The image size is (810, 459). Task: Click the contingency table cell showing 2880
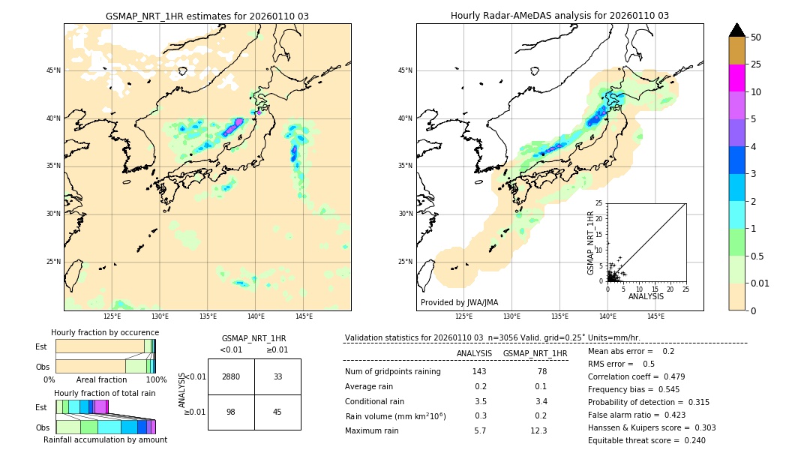pos(231,376)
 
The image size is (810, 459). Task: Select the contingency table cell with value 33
pos(277,376)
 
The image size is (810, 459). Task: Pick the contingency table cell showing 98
pos(231,411)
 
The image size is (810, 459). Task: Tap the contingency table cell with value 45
pos(277,411)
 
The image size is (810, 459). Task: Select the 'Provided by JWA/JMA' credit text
pos(459,302)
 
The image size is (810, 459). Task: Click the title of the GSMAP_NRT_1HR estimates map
pos(207,16)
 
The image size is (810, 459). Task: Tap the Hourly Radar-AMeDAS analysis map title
pos(559,16)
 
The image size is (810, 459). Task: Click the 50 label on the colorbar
pos(756,37)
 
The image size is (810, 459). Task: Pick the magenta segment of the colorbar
pos(736,78)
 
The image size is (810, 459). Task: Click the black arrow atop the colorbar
pos(736,30)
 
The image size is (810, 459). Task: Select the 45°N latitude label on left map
pos(53,70)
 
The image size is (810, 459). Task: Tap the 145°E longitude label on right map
pos(655,316)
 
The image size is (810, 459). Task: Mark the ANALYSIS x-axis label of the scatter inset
pos(646,296)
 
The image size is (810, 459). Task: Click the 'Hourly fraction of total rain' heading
pos(105,393)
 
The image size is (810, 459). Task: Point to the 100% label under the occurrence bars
pos(156,379)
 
